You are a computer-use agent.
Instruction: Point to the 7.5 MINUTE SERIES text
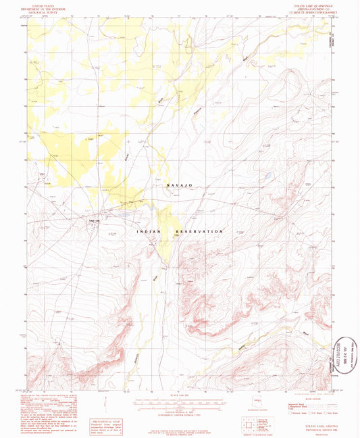tap(308, 13)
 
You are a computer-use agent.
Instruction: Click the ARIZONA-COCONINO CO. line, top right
tap(308, 9)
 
